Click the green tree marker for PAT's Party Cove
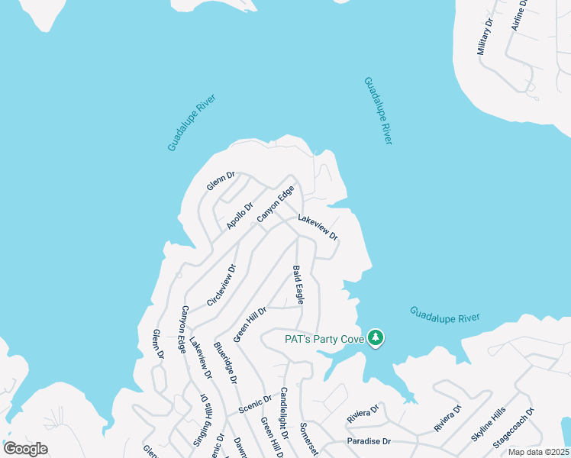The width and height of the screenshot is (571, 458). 375,337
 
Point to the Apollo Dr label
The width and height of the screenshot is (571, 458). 239,215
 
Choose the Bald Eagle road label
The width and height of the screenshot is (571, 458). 298,285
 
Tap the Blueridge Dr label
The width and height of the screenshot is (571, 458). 225,362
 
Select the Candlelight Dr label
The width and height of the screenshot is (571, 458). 283,412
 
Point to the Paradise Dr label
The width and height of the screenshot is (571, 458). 369,441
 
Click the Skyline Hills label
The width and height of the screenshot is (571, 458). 489,424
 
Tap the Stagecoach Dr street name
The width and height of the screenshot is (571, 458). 514,428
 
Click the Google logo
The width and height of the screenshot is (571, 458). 25,449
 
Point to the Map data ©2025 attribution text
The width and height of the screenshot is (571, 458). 538,452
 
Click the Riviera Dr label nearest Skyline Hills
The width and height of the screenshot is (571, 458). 448,419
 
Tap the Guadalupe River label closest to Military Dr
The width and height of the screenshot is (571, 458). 378,110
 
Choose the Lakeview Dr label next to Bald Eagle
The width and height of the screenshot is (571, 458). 318,227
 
